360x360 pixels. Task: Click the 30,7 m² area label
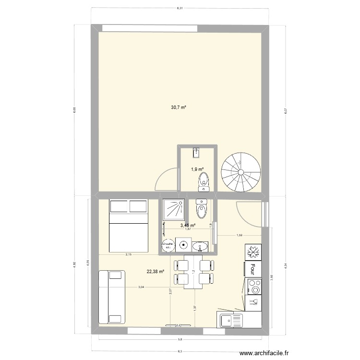(x=178, y=108)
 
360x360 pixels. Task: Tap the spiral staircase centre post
(x=240, y=171)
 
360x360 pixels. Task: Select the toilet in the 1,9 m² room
(x=203, y=181)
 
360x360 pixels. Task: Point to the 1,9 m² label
(x=197, y=169)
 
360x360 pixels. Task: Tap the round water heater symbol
(x=168, y=245)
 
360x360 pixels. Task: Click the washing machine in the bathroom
(x=183, y=245)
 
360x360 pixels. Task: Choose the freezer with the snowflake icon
(x=253, y=252)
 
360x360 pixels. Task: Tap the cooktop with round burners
(x=254, y=287)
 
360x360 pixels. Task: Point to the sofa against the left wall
(x=111, y=297)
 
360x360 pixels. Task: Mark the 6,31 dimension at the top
(x=180, y=8)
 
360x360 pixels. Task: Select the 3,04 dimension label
(x=141, y=288)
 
